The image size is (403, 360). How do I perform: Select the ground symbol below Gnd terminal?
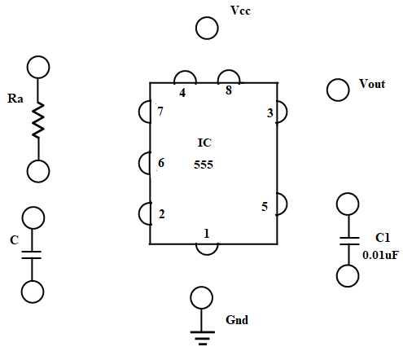tap(203, 338)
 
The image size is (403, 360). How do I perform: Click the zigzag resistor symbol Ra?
tap(38, 120)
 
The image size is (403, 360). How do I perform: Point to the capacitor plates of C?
tap(31, 255)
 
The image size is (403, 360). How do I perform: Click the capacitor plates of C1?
tap(349, 241)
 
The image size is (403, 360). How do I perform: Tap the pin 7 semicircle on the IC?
tap(139, 112)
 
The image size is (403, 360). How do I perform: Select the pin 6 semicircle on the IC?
tap(139, 163)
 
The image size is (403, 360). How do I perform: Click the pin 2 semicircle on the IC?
tap(139, 213)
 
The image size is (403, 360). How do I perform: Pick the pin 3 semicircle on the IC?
tap(287, 112)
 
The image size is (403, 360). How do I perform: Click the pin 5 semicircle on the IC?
tap(287, 204)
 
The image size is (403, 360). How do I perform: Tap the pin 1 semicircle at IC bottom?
tap(207, 254)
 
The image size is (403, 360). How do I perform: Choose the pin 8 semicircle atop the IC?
tap(229, 71)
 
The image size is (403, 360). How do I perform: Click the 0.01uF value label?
tap(380, 255)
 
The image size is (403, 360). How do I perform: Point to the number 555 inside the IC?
tap(204, 165)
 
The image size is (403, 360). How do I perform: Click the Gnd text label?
tap(237, 320)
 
